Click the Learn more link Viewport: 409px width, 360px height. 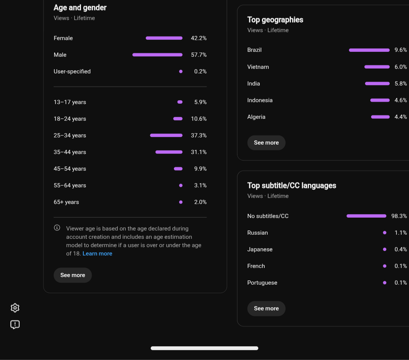pyautogui.click(x=97, y=254)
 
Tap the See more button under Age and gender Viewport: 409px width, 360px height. pyautogui.click(x=72, y=275)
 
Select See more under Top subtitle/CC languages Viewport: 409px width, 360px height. pyautogui.click(x=266, y=309)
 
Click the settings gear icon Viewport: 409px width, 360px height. pyautogui.click(x=15, y=308)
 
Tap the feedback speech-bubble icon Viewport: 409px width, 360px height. pyautogui.click(x=15, y=324)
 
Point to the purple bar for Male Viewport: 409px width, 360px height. pyautogui.click(x=158, y=55)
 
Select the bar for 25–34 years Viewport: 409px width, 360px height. pyautogui.click(x=166, y=135)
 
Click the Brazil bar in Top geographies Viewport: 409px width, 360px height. pyautogui.click(x=369, y=50)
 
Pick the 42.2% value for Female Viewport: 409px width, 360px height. pyautogui.click(x=199, y=38)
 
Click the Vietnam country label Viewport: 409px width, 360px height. pyautogui.click(x=258, y=67)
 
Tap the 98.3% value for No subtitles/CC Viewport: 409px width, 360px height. pyautogui.click(x=399, y=216)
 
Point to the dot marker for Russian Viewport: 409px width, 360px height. pyautogui.click(x=384, y=233)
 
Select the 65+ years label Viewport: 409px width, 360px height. pyautogui.click(x=66, y=202)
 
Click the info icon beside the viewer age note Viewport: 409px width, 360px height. pyautogui.click(x=57, y=228)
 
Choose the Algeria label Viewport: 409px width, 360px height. pyautogui.click(x=256, y=117)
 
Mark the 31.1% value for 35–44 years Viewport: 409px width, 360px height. pyautogui.click(x=199, y=152)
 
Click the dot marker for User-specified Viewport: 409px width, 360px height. pyautogui.click(x=181, y=72)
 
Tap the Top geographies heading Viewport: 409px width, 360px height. pyautogui.click(x=275, y=20)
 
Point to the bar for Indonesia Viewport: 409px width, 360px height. pyautogui.click(x=380, y=100)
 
